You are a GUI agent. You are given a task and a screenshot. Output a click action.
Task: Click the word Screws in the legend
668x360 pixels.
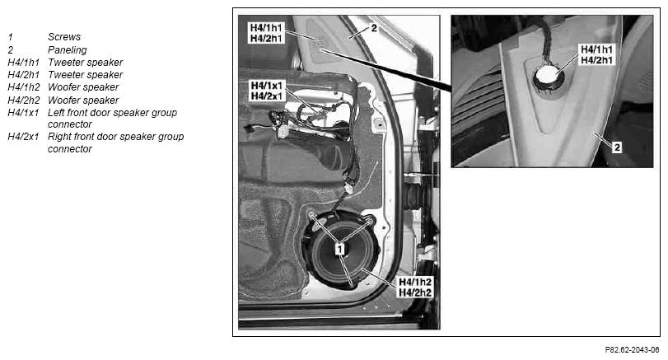(64, 37)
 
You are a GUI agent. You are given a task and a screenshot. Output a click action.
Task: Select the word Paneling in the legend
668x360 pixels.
(67, 50)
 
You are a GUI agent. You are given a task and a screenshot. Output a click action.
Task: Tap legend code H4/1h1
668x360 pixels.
(23, 63)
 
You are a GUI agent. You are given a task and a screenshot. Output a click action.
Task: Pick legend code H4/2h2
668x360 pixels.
(23, 101)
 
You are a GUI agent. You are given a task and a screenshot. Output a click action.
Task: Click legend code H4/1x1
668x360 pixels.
(23, 113)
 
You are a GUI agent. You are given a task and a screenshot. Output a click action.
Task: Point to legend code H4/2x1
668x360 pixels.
(23, 137)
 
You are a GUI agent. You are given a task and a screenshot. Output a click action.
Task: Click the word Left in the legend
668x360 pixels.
(56, 113)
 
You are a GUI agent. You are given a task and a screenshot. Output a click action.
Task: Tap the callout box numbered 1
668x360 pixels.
(339, 248)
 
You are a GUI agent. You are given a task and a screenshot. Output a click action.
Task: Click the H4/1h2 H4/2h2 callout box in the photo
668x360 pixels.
(414, 288)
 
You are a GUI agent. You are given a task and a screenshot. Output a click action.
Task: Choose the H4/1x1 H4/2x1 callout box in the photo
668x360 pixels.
(266, 91)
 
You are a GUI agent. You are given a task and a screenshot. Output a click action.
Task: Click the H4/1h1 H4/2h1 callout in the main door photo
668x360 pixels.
(265, 33)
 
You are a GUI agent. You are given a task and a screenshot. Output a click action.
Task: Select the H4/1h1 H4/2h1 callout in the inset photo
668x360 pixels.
(596, 55)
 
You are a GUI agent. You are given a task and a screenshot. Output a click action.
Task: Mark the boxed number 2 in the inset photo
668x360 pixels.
(617, 147)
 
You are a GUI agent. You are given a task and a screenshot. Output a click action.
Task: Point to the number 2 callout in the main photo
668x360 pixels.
(374, 28)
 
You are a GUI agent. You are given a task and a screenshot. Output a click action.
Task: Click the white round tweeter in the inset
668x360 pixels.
(548, 76)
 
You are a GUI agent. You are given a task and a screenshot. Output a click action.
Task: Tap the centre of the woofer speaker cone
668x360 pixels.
(339, 255)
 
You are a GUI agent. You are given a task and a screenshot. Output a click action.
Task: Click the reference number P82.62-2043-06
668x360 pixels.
(632, 350)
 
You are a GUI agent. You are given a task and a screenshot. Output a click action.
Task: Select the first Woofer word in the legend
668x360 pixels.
(65, 87)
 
